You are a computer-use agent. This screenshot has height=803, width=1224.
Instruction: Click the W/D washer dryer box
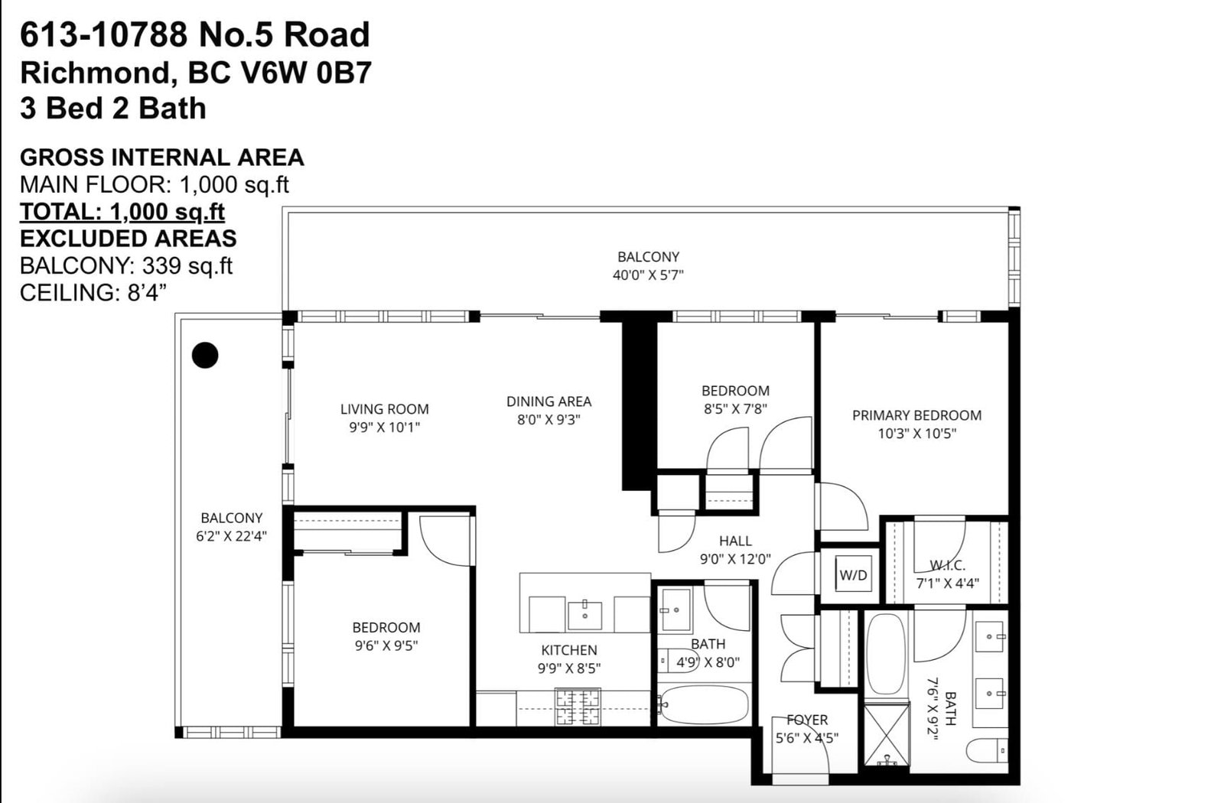[x=853, y=574]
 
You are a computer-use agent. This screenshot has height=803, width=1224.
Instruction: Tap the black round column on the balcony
[x=205, y=355]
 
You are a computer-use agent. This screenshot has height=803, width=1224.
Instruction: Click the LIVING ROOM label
[x=385, y=409]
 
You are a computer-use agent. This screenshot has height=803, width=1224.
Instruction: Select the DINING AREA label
[x=549, y=401]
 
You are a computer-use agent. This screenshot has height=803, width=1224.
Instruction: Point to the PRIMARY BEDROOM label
[x=917, y=415]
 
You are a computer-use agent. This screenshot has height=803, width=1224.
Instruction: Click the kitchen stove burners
[x=578, y=707]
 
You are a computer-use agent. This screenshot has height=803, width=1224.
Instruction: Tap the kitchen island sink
[x=584, y=616]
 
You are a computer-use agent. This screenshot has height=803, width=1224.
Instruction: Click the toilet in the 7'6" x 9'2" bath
[x=987, y=750]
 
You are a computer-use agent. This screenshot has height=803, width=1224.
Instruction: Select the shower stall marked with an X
[x=887, y=734]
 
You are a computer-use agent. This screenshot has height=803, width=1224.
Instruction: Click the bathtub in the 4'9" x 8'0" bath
[x=703, y=704]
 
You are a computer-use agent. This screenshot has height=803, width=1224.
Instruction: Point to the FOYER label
[x=807, y=720]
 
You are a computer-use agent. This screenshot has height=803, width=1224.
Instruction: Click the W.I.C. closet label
[x=948, y=565]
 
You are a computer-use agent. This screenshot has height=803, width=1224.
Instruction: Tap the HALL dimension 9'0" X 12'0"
[x=735, y=559]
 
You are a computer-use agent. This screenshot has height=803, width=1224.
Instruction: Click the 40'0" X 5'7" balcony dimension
[x=648, y=275]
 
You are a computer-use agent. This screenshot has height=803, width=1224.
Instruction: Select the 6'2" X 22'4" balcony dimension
[x=231, y=536]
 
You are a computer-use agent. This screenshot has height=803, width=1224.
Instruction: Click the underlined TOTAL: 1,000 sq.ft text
[x=122, y=212]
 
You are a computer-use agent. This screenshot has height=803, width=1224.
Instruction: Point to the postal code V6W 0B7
[x=306, y=73]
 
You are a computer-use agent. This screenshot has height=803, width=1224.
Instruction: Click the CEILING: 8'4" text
[x=93, y=293]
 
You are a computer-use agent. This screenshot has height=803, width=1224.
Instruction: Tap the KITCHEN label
[x=569, y=650]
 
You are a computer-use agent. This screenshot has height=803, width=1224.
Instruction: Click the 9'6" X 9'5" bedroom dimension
[x=386, y=645]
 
